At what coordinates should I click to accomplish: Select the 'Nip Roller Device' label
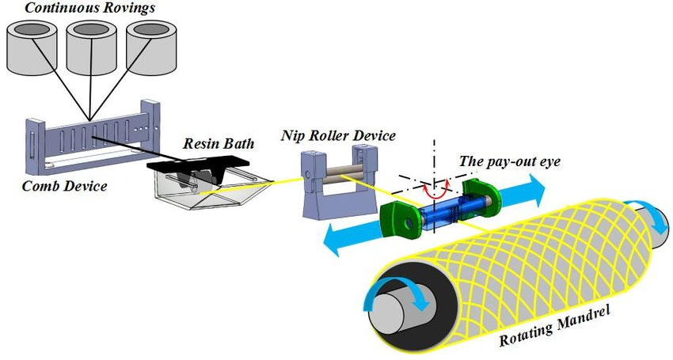(338, 136)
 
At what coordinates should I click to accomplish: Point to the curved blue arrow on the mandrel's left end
(396, 294)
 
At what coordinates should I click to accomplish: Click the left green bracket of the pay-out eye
(400, 222)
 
